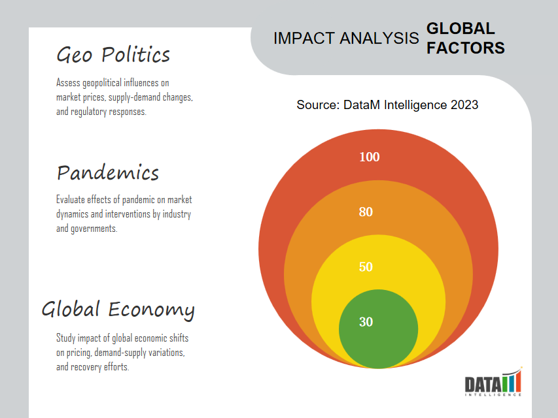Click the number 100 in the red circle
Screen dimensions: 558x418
pos(370,157)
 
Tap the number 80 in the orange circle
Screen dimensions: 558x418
pos(366,212)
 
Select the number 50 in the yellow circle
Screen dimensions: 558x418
pos(366,267)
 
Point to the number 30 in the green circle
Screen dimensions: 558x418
pos(366,322)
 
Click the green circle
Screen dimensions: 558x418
pos(378,341)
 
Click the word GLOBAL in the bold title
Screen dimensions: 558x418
pos(461,29)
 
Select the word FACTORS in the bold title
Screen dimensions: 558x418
pos(466,48)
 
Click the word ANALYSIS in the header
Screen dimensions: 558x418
pos(379,38)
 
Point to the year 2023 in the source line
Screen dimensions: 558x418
pos(464,105)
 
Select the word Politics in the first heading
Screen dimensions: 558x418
pos(135,55)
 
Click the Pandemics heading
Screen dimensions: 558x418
pos(108,172)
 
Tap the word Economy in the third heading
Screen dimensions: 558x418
pos(151,309)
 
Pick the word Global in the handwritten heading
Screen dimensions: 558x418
pos(71,308)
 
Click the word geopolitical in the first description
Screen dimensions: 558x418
pos(102,84)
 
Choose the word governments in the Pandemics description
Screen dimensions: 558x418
pos(94,229)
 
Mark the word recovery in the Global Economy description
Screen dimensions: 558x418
pos(86,367)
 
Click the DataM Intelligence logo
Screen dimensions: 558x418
pos(493,382)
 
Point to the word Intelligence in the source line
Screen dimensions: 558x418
pos(415,105)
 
